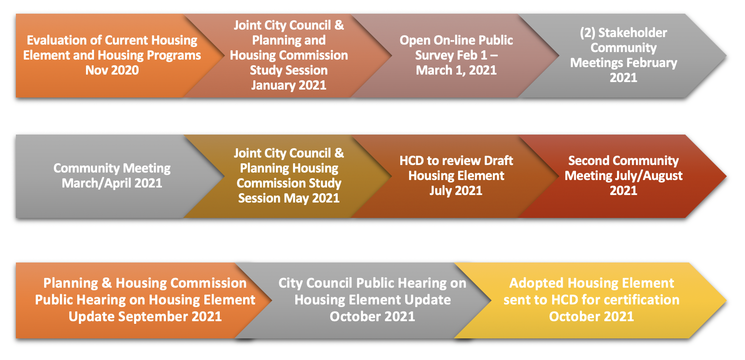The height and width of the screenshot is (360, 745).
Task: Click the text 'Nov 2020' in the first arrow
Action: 112,70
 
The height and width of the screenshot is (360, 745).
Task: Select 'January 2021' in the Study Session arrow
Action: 289,85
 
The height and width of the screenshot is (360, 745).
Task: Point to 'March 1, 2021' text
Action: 456,70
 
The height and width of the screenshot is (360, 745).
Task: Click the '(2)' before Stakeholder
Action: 587,33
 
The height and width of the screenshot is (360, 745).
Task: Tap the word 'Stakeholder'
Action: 632,33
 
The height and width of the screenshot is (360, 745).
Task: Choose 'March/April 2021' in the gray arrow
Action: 112,183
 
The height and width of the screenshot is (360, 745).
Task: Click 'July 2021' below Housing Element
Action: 456,191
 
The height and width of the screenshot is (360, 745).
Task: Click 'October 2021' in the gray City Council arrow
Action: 372,316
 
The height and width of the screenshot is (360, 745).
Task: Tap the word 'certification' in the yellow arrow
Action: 641,300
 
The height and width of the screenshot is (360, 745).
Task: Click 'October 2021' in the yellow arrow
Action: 591,316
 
